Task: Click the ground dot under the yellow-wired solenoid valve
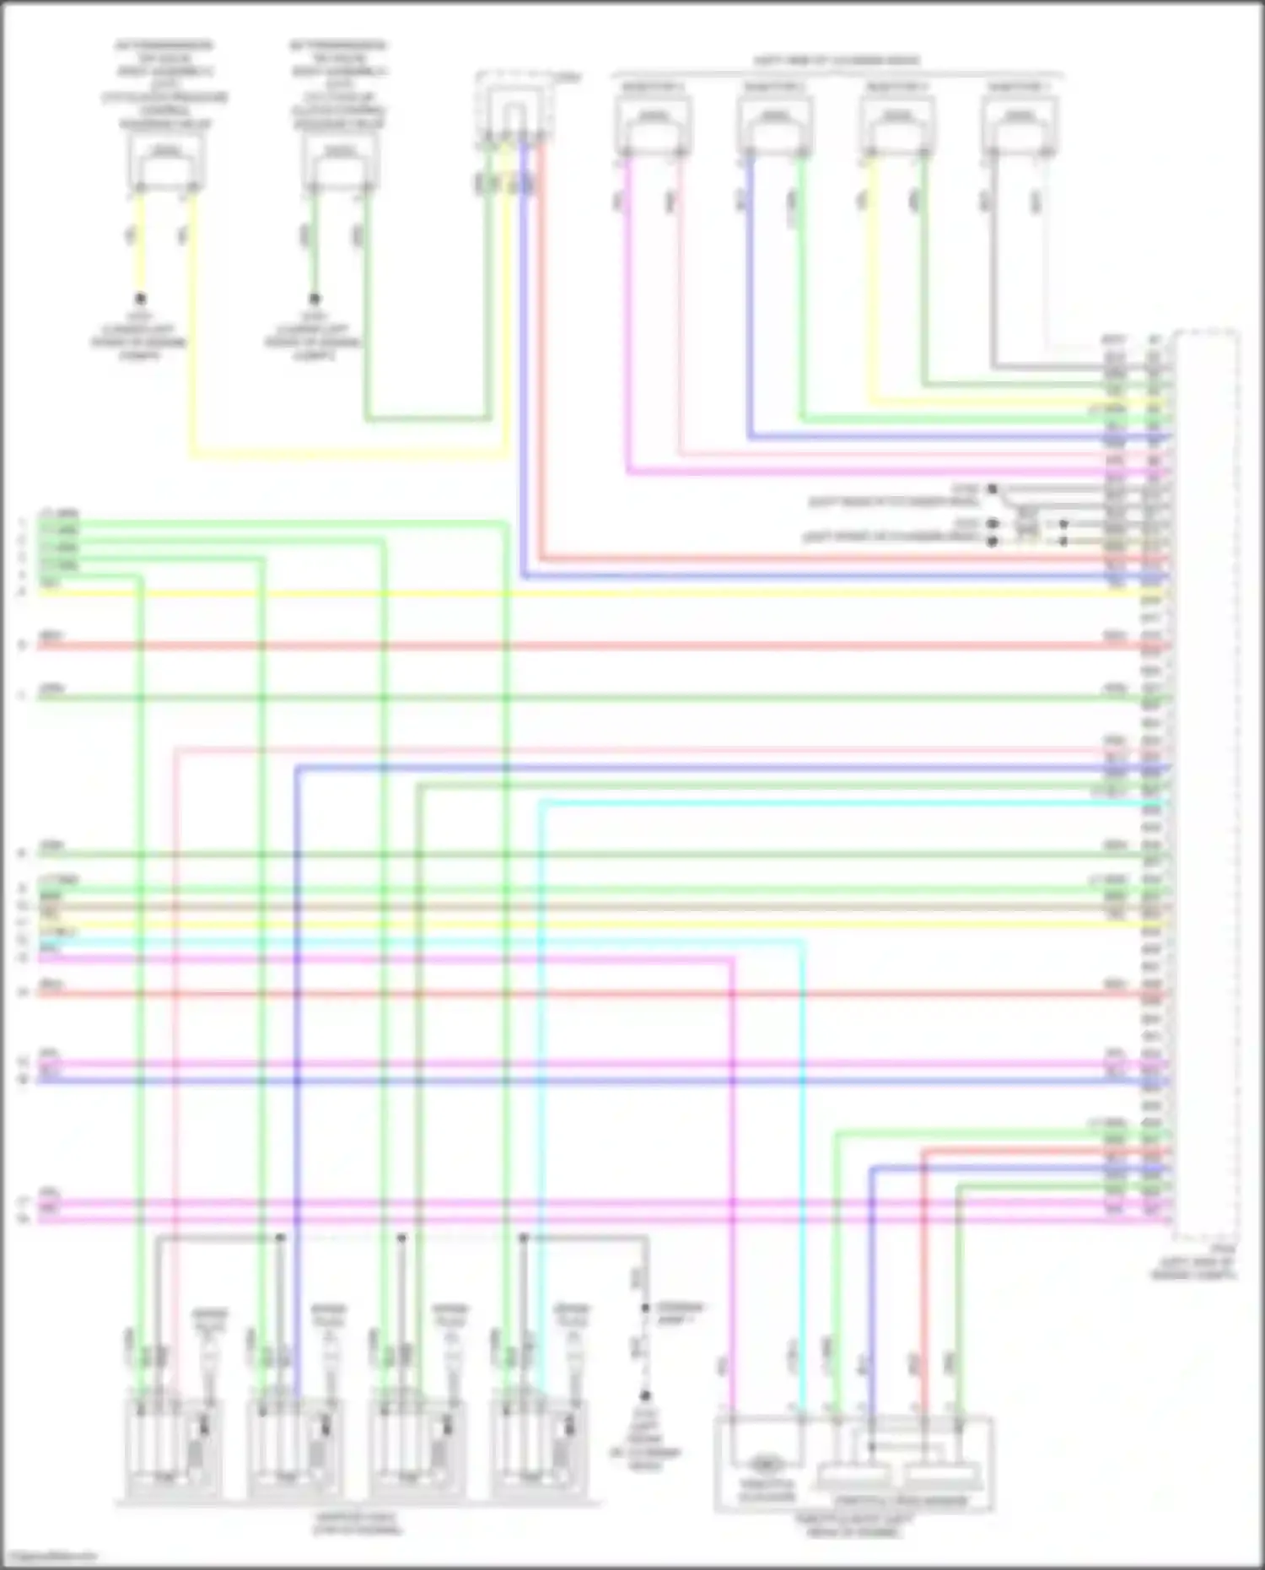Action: (140, 299)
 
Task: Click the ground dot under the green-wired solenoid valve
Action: (314, 299)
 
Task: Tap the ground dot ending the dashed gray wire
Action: (645, 1396)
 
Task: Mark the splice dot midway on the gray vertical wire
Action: (645, 1308)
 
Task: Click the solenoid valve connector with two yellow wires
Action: (166, 165)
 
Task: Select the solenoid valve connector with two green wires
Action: (340, 165)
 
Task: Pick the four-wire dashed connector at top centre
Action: (514, 110)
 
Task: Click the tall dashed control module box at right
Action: (1207, 785)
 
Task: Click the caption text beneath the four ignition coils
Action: (358, 1524)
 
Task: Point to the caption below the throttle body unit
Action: (852, 1525)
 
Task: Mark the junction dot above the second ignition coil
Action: (280, 1238)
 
